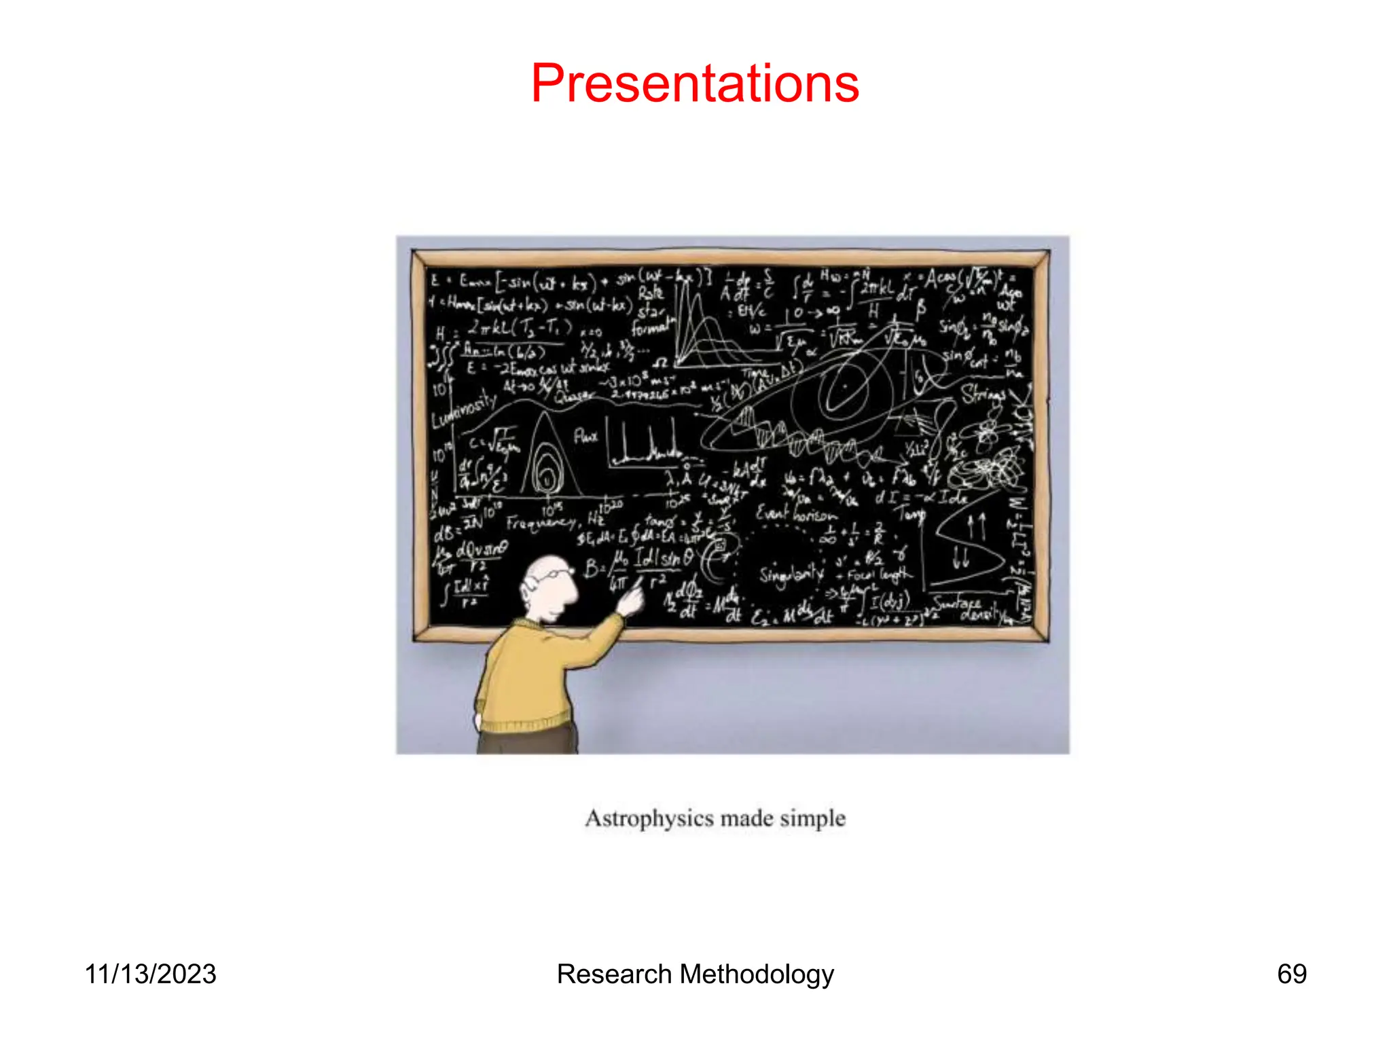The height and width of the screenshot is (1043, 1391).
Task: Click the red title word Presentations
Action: (695, 84)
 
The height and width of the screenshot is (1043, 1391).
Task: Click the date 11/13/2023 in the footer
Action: (150, 974)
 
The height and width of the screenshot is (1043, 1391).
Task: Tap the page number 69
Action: (1291, 974)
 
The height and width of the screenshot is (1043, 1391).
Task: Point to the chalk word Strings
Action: (983, 393)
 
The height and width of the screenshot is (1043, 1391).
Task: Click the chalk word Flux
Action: (585, 435)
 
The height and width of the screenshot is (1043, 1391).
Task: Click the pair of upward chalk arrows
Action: (976, 526)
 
